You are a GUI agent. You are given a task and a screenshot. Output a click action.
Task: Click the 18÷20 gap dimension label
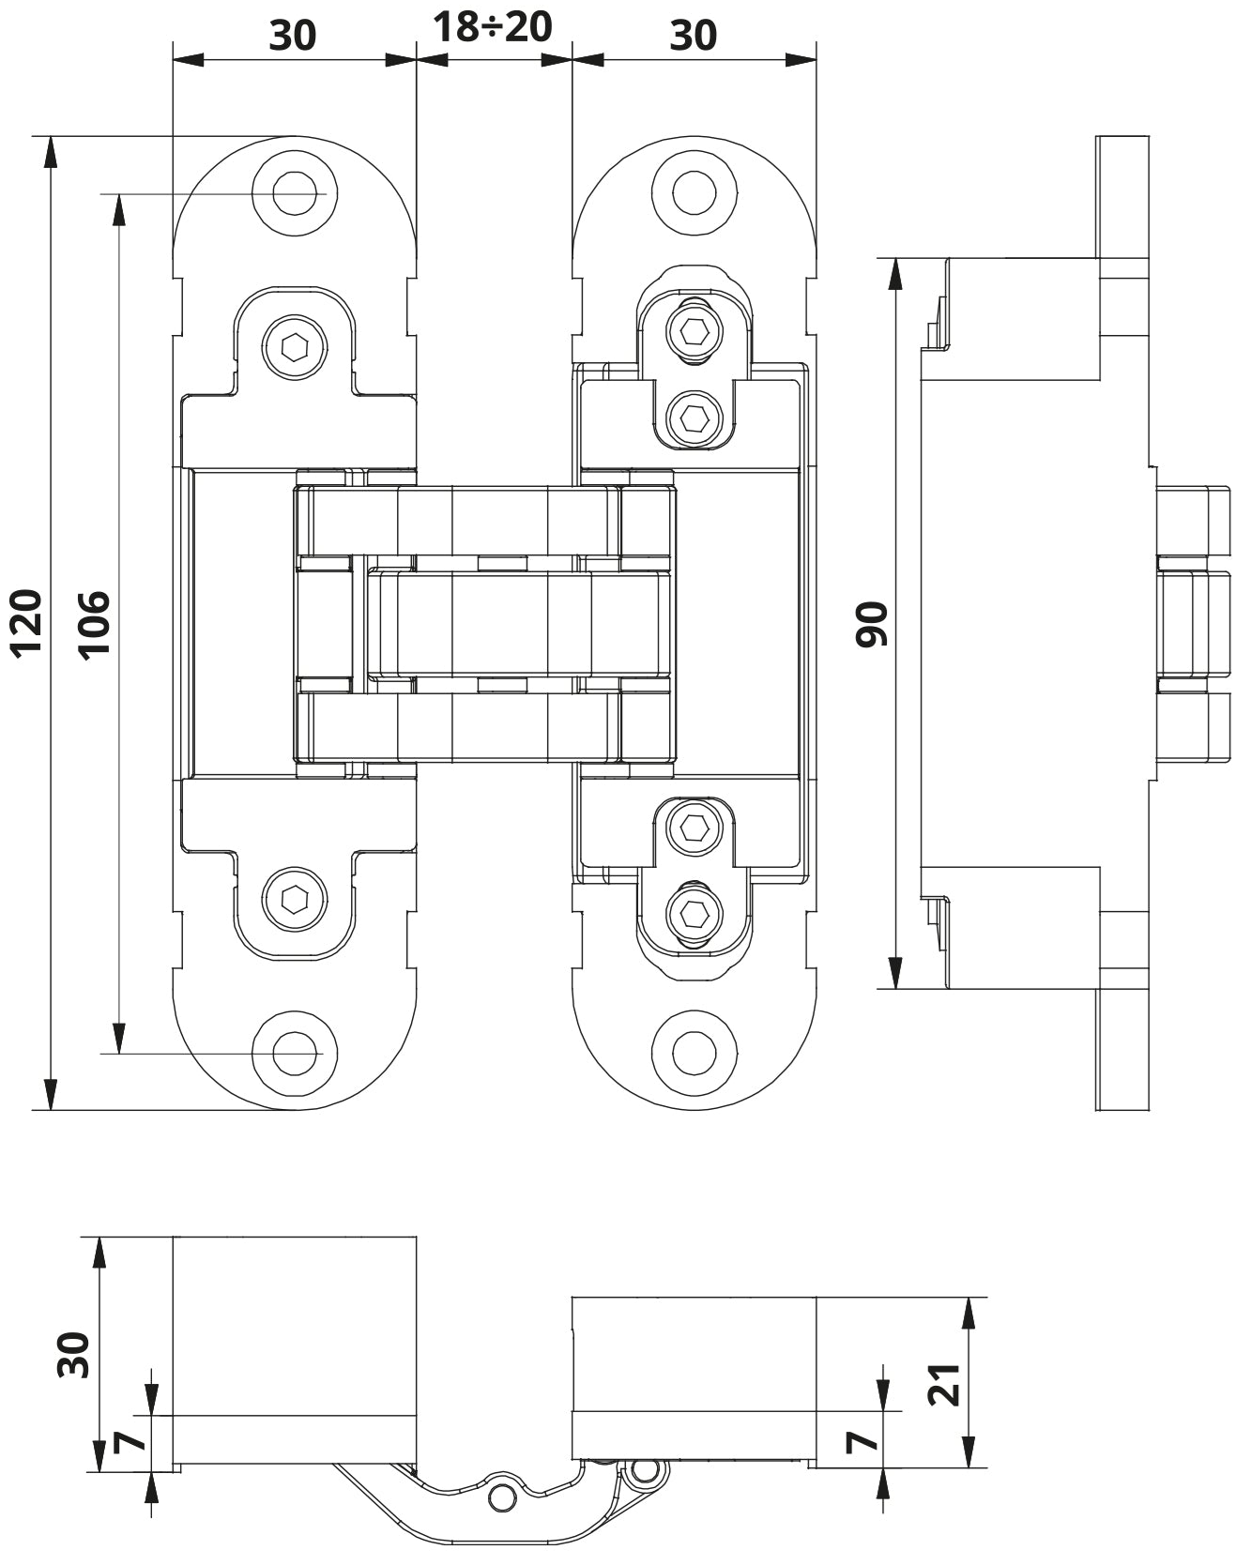[x=492, y=27]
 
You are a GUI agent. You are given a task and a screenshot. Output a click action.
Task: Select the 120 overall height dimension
[x=26, y=621]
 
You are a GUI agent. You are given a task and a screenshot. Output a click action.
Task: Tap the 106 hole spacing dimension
[x=94, y=625]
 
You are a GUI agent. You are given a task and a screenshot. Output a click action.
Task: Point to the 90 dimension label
[x=871, y=624]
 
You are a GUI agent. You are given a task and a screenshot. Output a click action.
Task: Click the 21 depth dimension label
[x=944, y=1382]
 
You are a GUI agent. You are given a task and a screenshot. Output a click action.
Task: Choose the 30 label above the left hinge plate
[x=293, y=36]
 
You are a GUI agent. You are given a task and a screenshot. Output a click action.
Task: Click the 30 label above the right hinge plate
[x=694, y=36]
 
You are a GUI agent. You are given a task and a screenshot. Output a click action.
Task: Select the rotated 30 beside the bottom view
[x=73, y=1355]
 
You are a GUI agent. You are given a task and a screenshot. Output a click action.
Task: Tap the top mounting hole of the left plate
[x=295, y=192]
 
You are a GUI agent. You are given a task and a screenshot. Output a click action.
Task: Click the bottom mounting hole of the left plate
[x=295, y=1054]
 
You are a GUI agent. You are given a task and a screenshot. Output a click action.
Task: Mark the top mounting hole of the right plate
[x=694, y=192]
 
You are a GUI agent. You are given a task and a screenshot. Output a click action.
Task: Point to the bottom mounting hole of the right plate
[x=694, y=1054]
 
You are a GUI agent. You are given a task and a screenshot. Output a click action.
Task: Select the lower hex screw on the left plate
[x=295, y=899]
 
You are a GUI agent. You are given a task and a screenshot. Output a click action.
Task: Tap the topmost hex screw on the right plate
[x=694, y=331]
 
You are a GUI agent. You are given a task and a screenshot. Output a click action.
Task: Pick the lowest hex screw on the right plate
[x=694, y=913]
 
